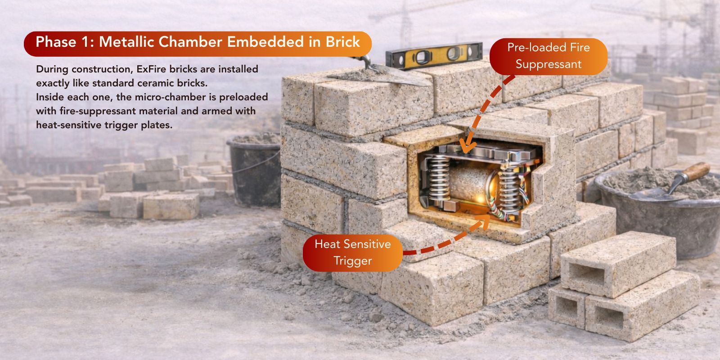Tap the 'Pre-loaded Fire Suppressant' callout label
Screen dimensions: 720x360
[x=549, y=56]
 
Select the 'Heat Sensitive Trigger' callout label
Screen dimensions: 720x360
[x=353, y=253]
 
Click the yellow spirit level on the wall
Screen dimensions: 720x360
[x=434, y=56]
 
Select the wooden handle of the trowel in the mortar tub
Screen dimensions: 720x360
[x=696, y=171]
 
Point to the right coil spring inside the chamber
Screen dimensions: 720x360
[x=509, y=189]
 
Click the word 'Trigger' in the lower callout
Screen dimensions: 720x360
[x=353, y=261]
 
